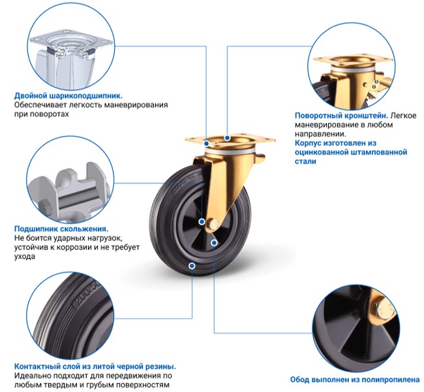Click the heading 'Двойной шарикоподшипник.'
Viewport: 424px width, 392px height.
pyautogui.click(x=68, y=95)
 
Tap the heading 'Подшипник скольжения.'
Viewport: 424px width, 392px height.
pyautogui.click(x=61, y=229)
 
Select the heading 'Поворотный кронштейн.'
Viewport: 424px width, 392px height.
pyautogui.click(x=342, y=116)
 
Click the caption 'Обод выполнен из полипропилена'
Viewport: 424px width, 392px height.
pyautogui.click(x=355, y=380)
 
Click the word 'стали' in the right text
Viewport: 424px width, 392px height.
pyautogui.click(x=305, y=161)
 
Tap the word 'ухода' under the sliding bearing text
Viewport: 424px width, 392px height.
pyautogui.click(x=25, y=257)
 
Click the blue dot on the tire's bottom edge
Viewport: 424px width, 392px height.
pyautogui.click(x=192, y=266)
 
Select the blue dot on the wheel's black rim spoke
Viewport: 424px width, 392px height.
pyautogui.click(x=214, y=243)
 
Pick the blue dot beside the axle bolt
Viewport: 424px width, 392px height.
pyautogui.click(x=202, y=222)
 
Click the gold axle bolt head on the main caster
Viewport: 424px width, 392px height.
pyautogui.click(x=212, y=224)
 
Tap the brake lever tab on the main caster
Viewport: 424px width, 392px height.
pyautogui.click(x=259, y=159)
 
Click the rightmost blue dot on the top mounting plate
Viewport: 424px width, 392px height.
pyautogui.click(x=228, y=138)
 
